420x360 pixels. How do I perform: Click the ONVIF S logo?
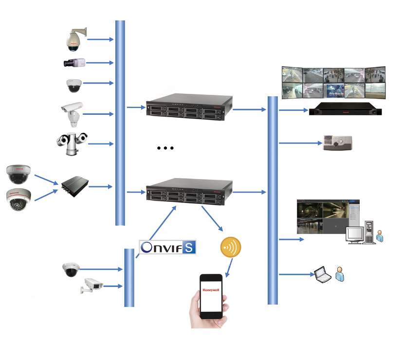[168, 247]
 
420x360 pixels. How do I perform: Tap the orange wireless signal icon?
[231, 247]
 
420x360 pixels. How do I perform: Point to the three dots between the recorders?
[165, 148]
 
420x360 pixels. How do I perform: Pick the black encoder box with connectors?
[75, 186]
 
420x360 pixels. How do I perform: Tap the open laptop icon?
[322, 274]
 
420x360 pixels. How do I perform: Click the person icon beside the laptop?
[340, 274]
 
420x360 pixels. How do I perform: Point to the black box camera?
[74, 62]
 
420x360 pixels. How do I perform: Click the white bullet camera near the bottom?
[92, 286]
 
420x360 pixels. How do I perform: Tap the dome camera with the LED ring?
[18, 200]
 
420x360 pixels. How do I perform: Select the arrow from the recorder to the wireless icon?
[212, 218]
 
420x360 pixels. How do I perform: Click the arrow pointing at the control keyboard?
[299, 143]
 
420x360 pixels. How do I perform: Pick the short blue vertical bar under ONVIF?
[129, 277]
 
